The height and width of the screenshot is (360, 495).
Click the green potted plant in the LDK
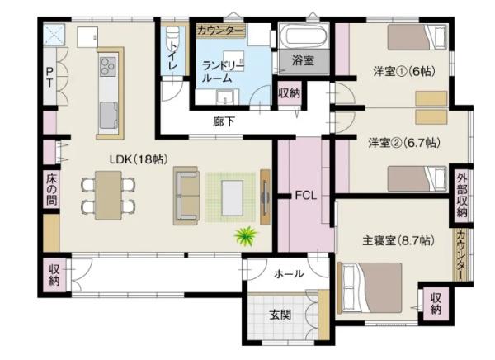pyautogui.click(x=246, y=236)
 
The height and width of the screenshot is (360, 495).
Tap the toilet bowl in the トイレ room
pyautogui.click(x=172, y=34)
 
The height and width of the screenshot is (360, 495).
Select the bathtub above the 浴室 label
pyautogui.click(x=303, y=36)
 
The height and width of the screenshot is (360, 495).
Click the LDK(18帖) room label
pyautogui.click(x=138, y=159)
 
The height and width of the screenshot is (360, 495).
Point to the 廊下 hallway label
pyautogui.click(x=224, y=121)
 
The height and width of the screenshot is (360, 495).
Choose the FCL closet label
pyautogui.click(x=305, y=196)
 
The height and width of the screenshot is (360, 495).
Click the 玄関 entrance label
pyautogui.click(x=280, y=315)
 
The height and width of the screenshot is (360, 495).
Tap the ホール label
pyautogui.click(x=289, y=273)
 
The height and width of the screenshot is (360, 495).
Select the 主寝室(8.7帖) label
pyautogui.click(x=398, y=241)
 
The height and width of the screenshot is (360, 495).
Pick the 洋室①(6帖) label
pyautogui.click(x=404, y=71)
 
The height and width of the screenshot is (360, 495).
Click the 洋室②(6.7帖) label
pyautogui.click(x=404, y=143)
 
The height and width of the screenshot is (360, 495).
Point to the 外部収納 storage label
pyautogui.click(x=461, y=195)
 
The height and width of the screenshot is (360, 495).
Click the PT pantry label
pyautogui.click(x=49, y=78)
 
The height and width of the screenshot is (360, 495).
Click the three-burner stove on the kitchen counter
pyautogui.click(x=108, y=67)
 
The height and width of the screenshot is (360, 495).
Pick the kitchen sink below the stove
pyautogui.click(x=109, y=116)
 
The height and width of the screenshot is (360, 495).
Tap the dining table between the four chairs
pyautogui.click(x=108, y=196)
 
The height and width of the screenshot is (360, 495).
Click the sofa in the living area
pyautogui.click(x=186, y=196)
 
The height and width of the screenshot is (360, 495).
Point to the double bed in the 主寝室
pyautogui.click(x=370, y=288)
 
